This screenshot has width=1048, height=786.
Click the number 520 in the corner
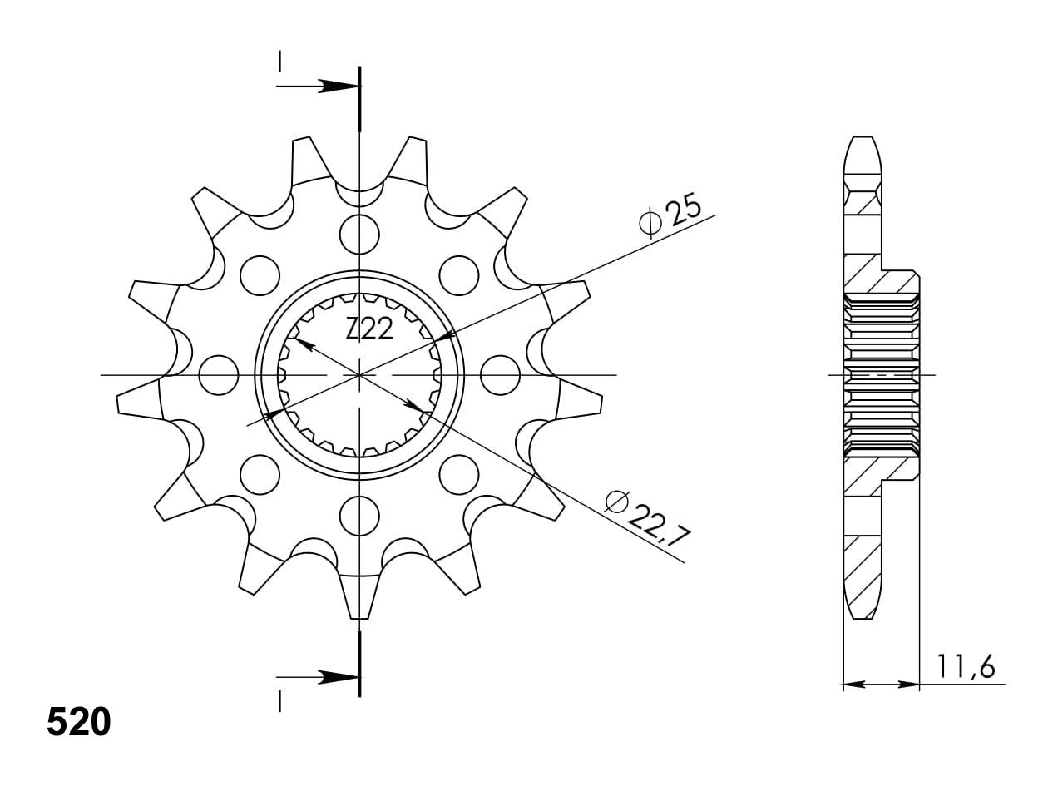[79, 723]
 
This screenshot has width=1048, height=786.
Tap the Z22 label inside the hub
[369, 330]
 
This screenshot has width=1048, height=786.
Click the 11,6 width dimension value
[966, 666]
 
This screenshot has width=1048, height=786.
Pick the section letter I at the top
[280, 62]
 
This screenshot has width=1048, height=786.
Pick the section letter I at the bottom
[280, 702]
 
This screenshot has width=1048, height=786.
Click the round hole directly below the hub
[359, 517]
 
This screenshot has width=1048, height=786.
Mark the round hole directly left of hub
[219, 374]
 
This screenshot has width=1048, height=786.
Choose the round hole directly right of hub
[500, 374]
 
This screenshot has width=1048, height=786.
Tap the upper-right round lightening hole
[459, 275]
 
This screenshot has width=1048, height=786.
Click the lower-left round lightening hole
[260, 474]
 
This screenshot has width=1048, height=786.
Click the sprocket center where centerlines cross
[359, 375]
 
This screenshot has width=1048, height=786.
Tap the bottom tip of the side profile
[862, 616]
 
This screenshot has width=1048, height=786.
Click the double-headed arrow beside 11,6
[881, 685]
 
